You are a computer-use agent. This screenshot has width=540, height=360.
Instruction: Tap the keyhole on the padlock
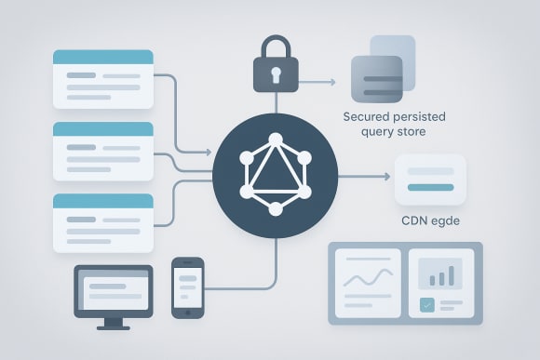tap(276, 74)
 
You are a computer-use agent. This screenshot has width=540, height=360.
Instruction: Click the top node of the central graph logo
tap(276, 140)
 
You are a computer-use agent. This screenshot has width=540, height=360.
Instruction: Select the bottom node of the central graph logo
tap(276, 209)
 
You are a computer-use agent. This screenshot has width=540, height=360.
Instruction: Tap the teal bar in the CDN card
tap(430, 188)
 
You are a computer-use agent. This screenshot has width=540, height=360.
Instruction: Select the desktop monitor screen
tap(113, 289)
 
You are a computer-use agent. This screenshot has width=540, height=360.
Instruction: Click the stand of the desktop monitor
tap(113, 321)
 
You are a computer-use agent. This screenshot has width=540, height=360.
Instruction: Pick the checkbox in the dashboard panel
tap(427, 303)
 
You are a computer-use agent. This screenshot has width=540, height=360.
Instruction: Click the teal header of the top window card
tap(102, 57)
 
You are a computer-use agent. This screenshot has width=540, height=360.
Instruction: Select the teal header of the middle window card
tap(102, 128)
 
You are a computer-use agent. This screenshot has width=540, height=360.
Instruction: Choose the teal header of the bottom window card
tap(102, 200)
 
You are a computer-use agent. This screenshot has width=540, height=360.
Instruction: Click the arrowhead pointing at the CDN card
tap(386, 176)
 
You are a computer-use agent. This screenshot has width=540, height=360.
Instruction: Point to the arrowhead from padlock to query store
tap(331, 82)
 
